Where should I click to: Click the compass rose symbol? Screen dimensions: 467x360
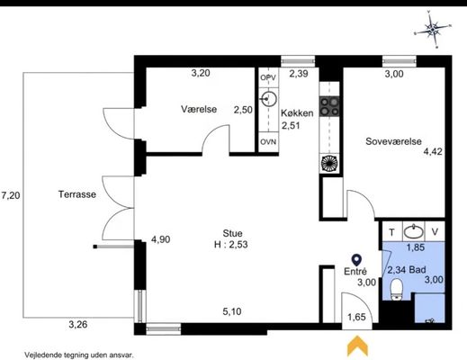click(x=433, y=30)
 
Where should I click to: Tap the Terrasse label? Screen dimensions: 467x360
click(x=77, y=194)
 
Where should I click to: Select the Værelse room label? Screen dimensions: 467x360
click(x=199, y=109)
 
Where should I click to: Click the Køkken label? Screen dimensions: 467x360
click(x=297, y=113)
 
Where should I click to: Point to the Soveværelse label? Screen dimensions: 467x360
click(x=393, y=141)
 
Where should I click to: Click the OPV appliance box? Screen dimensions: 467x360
click(x=268, y=77)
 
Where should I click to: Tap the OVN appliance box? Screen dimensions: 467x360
click(x=268, y=141)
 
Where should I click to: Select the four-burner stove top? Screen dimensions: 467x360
click(x=329, y=106)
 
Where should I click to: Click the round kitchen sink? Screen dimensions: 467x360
click(x=269, y=99)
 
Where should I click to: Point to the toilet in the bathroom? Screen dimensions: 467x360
click(x=397, y=289)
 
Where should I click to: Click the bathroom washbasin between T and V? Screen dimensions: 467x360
click(x=414, y=231)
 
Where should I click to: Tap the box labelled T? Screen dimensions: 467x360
click(x=392, y=231)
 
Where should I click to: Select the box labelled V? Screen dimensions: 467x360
click(x=435, y=231)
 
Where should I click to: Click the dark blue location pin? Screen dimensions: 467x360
click(x=356, y=260)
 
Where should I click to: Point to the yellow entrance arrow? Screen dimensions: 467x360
click(x=357, y=346)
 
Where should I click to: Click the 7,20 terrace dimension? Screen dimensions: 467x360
click(x=11, y=195)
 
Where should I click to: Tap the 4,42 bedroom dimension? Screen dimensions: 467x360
click(x=433, y=151)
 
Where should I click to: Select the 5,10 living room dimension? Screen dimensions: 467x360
click(x=232, y=311)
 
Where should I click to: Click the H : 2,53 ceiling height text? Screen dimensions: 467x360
click(x=231, y=245)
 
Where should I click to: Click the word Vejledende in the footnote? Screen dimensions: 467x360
click(x=40, y=355)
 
